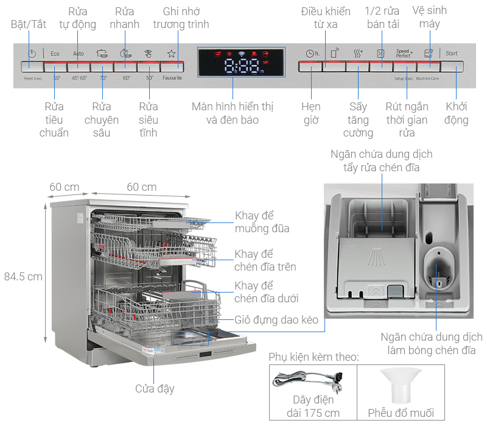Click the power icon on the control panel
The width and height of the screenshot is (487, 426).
[32, 54]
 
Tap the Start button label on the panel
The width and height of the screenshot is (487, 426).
[451, 54]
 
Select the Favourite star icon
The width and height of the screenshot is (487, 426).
[171, 54]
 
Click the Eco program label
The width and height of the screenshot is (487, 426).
[55, 54]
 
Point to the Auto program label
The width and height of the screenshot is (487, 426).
[79, 54]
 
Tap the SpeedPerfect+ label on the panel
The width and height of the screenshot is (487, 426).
[404, 54]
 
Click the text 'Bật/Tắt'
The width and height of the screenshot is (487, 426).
[29, 24]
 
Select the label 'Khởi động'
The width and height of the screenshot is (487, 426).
[457, 113]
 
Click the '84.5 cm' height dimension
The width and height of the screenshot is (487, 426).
[23, 276]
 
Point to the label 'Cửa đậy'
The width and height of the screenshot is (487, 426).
[155, 388]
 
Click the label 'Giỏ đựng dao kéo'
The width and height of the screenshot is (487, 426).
[276, 320]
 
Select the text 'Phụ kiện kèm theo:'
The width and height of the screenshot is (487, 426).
[314, 357]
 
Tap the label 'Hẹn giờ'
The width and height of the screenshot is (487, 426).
[311, 113]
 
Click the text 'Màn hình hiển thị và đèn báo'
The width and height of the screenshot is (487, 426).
[233, 113]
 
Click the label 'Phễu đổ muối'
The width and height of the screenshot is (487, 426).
[401, 413]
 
